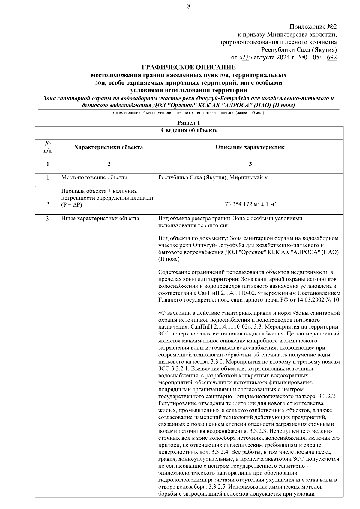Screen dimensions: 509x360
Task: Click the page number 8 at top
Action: pos(188,7)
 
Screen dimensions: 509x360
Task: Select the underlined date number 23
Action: pos(246,58)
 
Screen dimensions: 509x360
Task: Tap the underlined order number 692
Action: pos(332,58)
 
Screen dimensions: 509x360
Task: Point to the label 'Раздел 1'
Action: pos(188,123)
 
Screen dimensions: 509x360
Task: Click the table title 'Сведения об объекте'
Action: pos(189,130)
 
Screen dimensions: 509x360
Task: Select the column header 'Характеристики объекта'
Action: pos(108,147)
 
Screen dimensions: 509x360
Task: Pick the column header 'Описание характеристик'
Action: pos(250,147)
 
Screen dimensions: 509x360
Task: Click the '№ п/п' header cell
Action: pos(47,147)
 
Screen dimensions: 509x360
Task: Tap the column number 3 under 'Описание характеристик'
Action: pos(250,164)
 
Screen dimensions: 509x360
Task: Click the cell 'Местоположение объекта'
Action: pos(94,177)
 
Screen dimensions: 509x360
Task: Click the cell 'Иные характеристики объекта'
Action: pos(100,219)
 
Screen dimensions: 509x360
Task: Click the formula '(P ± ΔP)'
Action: pos(72,205)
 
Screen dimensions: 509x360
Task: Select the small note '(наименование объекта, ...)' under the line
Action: pos(188,113)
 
